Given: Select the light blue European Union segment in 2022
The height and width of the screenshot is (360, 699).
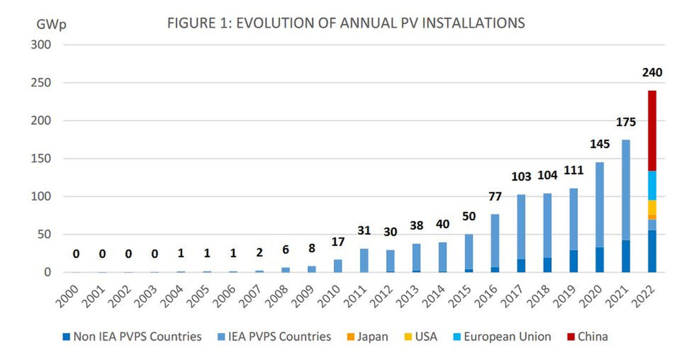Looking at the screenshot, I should [x=652, y=185].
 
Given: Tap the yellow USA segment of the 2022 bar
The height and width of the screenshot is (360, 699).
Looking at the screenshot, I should [x=652, y=207].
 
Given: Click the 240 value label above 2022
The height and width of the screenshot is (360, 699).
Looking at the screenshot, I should [x=652, y=73].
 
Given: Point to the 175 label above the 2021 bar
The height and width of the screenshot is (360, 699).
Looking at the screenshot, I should [x=626, y=122].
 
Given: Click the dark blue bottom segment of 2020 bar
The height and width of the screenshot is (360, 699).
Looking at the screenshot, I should [x=599, y=260].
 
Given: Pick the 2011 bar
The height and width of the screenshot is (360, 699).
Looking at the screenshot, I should [x=363, y=260].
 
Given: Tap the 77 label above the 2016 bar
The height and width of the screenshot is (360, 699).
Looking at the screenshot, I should [x=495, y=197].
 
